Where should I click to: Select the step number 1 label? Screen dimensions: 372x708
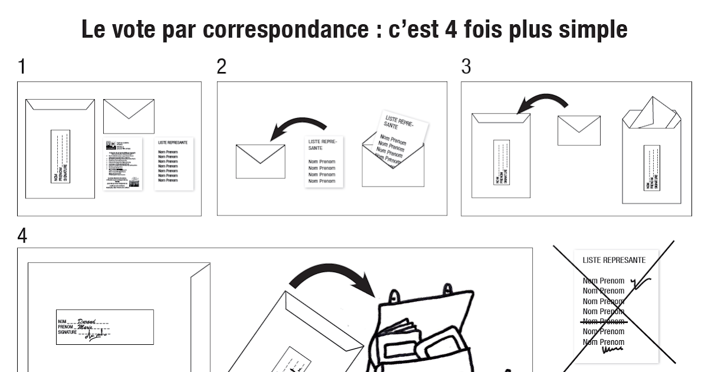pos(22,67)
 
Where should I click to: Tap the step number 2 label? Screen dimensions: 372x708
pos(221,67)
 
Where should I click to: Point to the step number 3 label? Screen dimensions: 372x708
pos(466,67)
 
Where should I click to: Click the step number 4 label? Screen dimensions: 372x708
pos(22,236)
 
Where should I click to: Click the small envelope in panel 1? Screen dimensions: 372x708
pos(129,116)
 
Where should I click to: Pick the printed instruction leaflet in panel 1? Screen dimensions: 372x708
pos(124,164)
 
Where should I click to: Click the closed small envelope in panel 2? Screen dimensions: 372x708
pos(260,161)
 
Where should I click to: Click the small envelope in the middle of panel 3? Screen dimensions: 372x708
pos(579,130)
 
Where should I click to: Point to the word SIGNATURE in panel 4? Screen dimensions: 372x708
pos(67,333)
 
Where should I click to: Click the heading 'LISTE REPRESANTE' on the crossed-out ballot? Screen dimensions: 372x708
pos(614,260)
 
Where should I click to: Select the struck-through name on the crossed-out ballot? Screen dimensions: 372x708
pos(603,321)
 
